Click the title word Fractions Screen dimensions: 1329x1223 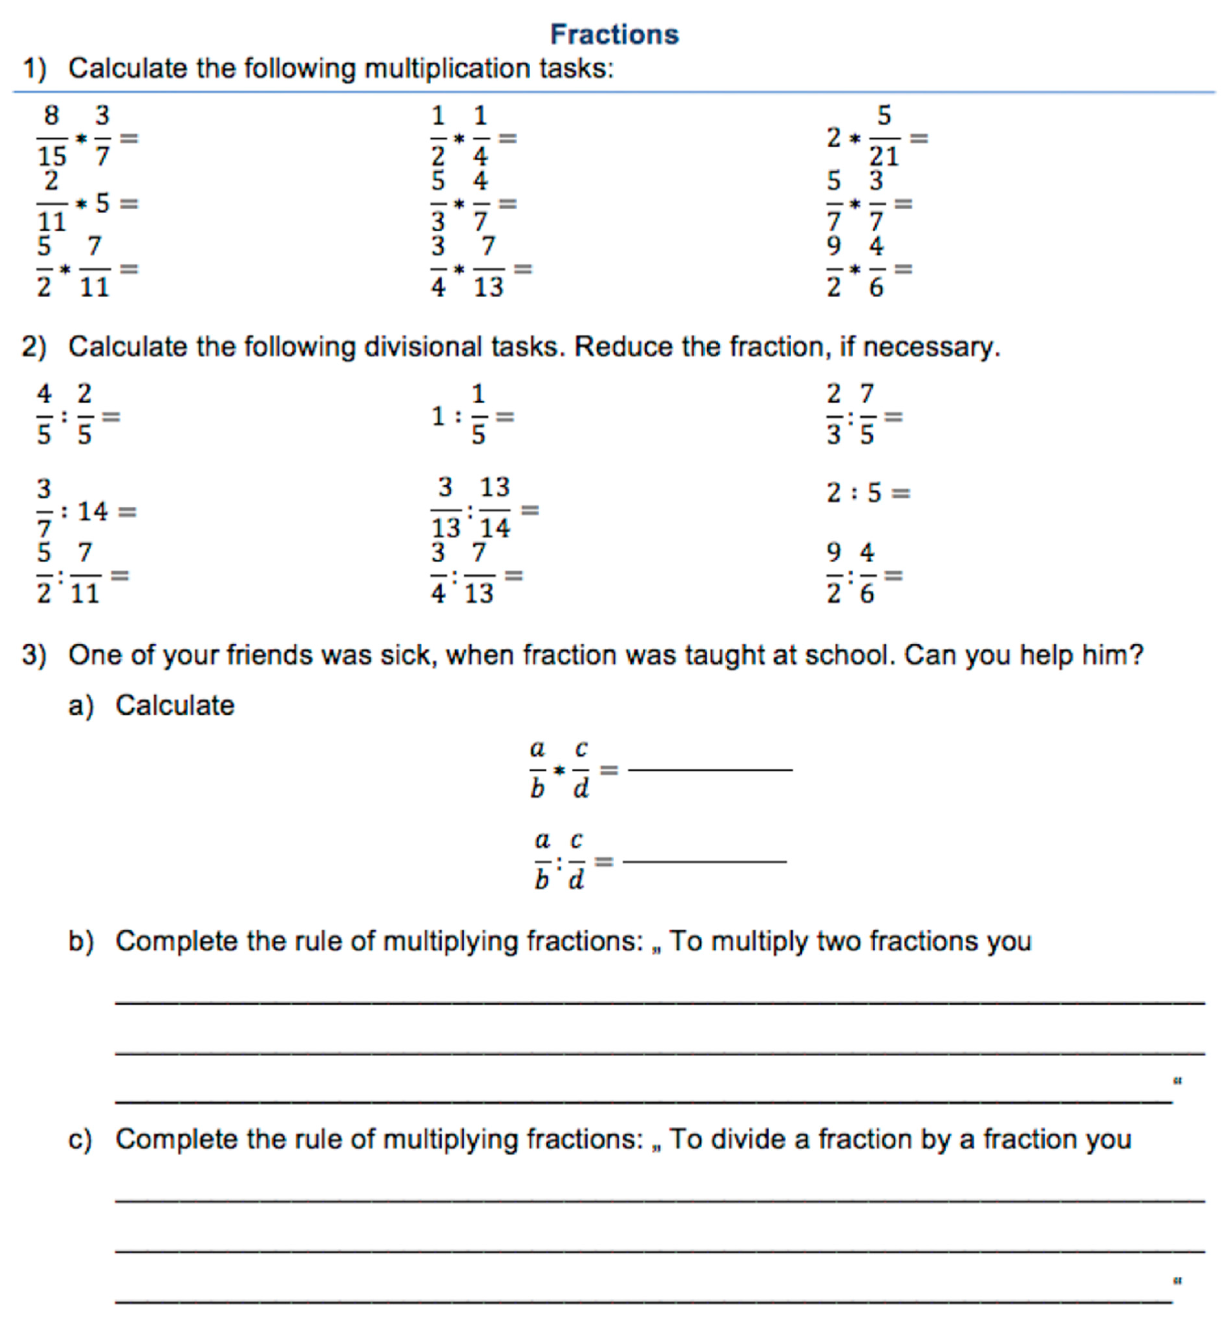(x=614, y=35)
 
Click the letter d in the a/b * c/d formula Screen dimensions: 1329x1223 (x=580, y=788)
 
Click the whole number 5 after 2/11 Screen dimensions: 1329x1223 (x=102, y=203)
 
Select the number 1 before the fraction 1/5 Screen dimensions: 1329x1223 (x=438, y=417)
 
